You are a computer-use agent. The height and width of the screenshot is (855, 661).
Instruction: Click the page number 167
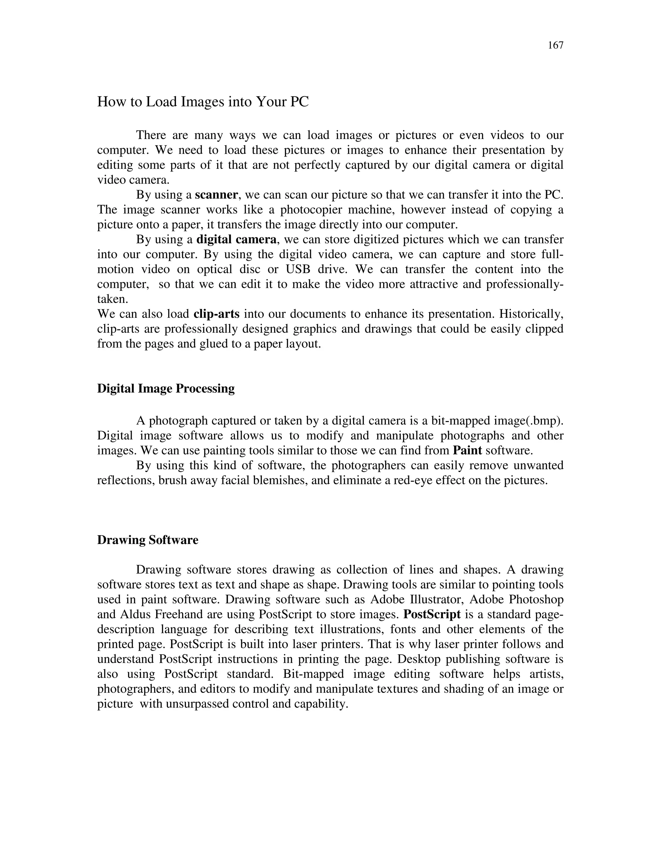(555, 46)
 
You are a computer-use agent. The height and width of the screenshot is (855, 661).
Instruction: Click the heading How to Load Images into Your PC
(203, 102)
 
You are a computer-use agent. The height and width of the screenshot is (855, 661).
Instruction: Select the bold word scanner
(216, 195)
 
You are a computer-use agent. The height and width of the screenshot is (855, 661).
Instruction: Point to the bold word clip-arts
(216, 314)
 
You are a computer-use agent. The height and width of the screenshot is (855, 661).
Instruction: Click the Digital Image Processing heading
(166, 389)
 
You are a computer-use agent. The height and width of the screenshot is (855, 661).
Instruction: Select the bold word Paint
(467, 451)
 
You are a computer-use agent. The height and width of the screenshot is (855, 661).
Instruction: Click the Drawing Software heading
(147, 540)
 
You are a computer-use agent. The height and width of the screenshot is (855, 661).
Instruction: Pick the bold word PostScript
(432, 615)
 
